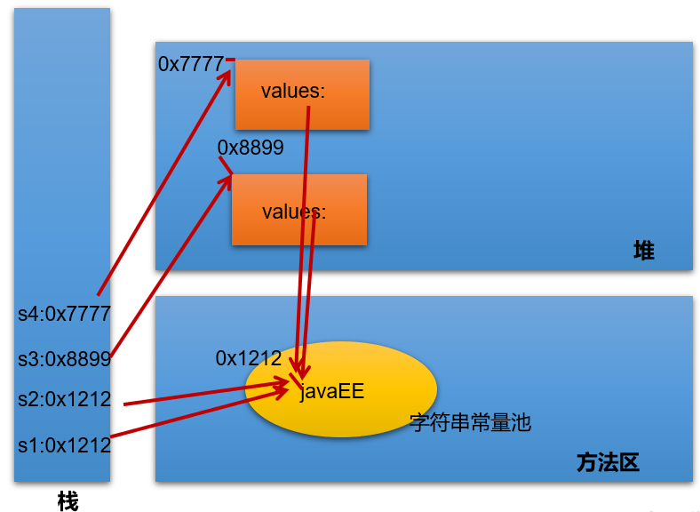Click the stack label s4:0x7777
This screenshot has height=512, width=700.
(64, 314)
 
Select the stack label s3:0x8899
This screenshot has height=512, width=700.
(64, 359)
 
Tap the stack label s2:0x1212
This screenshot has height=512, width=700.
(64, 400)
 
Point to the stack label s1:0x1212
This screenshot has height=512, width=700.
(64, 445)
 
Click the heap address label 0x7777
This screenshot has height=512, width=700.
(190, 64)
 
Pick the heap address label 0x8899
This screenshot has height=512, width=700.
(251, 148)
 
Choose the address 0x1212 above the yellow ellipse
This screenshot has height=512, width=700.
(249, 358)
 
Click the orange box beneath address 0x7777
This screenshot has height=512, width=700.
(302, 94)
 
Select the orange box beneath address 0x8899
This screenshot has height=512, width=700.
(299, 209)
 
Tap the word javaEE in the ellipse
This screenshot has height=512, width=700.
(331, 392)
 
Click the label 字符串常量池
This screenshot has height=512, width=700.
(470, 422)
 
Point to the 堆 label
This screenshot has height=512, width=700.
(643, 251)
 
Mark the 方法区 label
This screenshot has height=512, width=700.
(608, 462)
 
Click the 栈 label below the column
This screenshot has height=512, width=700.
(68, 501)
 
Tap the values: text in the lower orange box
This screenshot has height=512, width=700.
(294, 212)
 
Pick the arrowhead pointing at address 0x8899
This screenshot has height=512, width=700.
(227, 180)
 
